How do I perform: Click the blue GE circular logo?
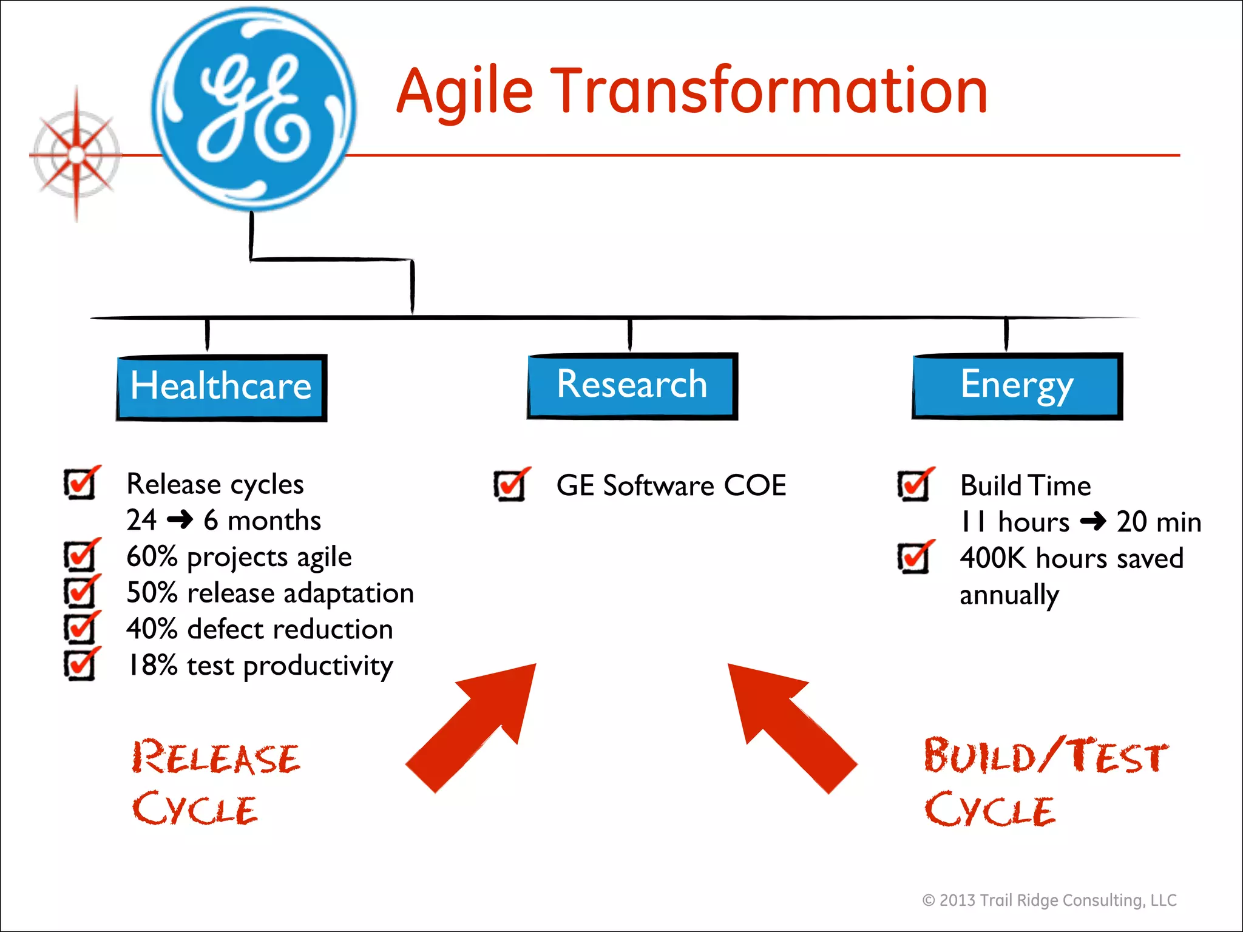[x=254, y=109]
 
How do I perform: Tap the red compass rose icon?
[x=76, y=155]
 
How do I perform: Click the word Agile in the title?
[x=464, y=92]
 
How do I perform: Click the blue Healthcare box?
[x=222, y=388]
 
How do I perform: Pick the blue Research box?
[x=632, y=386]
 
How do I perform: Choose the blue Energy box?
[x=1017, y=386]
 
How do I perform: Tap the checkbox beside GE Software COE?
[x=510, y=485]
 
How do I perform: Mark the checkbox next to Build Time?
[x=914, y=485]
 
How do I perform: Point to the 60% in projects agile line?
[x=151, y=556]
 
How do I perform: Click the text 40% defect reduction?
[x=260, y=629]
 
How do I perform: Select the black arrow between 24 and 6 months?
[x=180, y=520]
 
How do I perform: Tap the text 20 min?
[x=1159, y=522]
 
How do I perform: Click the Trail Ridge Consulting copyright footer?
[x=1049, y=900]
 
